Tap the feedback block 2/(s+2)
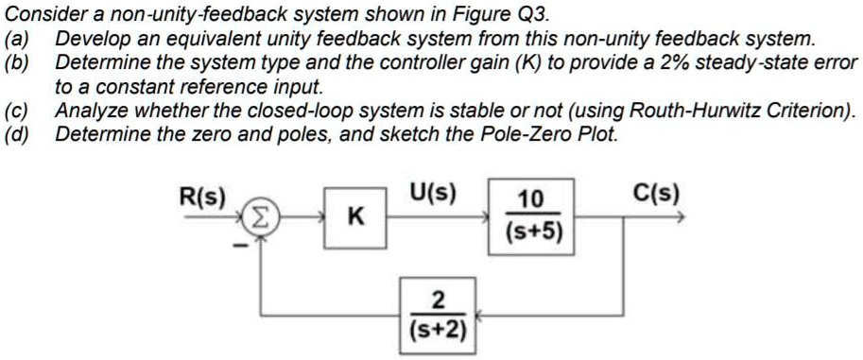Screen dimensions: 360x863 437,317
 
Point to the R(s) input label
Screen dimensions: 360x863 202,197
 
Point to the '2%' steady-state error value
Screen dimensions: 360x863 671,63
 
